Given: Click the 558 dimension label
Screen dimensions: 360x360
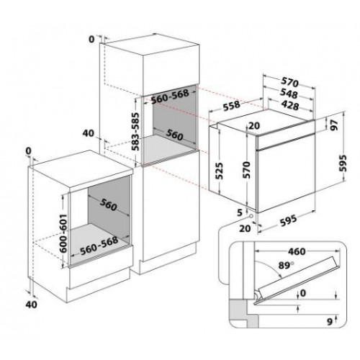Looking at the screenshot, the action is coord(231,106).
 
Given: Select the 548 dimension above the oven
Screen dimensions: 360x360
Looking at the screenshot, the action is coord(289,94).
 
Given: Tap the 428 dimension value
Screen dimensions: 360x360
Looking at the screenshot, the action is coord(290,105).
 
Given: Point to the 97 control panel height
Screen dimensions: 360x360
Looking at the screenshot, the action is coord(334,125).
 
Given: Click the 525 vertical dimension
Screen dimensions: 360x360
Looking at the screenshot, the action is coord(219,171).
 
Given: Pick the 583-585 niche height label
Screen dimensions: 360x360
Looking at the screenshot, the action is coord(136,131).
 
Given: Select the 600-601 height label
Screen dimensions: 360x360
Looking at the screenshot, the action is coord(63,233).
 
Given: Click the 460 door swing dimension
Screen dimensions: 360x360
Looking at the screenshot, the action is coord(297,251).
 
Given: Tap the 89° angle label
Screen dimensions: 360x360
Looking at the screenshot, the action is coord(287,266).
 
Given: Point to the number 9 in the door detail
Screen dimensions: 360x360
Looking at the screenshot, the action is coord(330,322).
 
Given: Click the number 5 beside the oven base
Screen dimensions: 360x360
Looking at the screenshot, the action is coord(240,212).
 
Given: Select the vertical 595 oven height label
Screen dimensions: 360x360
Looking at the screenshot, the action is coord(344,163).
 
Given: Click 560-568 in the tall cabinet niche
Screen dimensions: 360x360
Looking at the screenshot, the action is coord(171,96).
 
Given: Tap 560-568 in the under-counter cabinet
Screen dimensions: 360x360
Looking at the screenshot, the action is coord(99,246).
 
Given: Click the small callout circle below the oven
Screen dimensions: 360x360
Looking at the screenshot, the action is coord(251,216).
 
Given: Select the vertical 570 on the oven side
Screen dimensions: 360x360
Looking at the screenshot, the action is coord(246,170).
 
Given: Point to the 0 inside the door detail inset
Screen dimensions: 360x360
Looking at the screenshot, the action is coord(303,293).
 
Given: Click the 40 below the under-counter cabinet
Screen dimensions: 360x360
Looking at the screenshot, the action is coord(32,305).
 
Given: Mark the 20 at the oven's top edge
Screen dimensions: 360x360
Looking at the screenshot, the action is coord(254,125).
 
